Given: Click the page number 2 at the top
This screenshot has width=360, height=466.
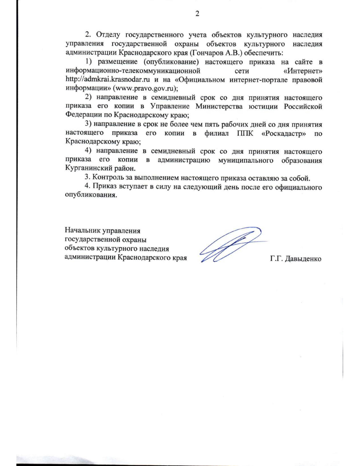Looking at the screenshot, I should pos(197,14).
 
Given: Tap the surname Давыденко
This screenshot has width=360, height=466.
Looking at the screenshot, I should pos(303,259).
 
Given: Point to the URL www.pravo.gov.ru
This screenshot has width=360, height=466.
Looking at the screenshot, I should pos(144,89).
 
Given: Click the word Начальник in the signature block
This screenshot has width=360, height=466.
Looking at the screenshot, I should pos(82,231).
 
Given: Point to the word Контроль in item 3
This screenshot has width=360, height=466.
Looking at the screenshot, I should pos(107,178).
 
